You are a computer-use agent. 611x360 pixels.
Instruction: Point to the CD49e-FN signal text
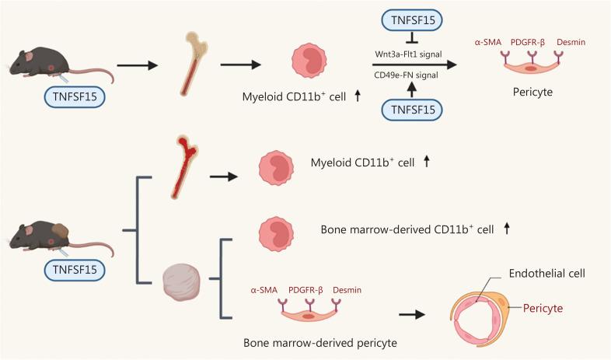pyautogui.click(x=407, y=75)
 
